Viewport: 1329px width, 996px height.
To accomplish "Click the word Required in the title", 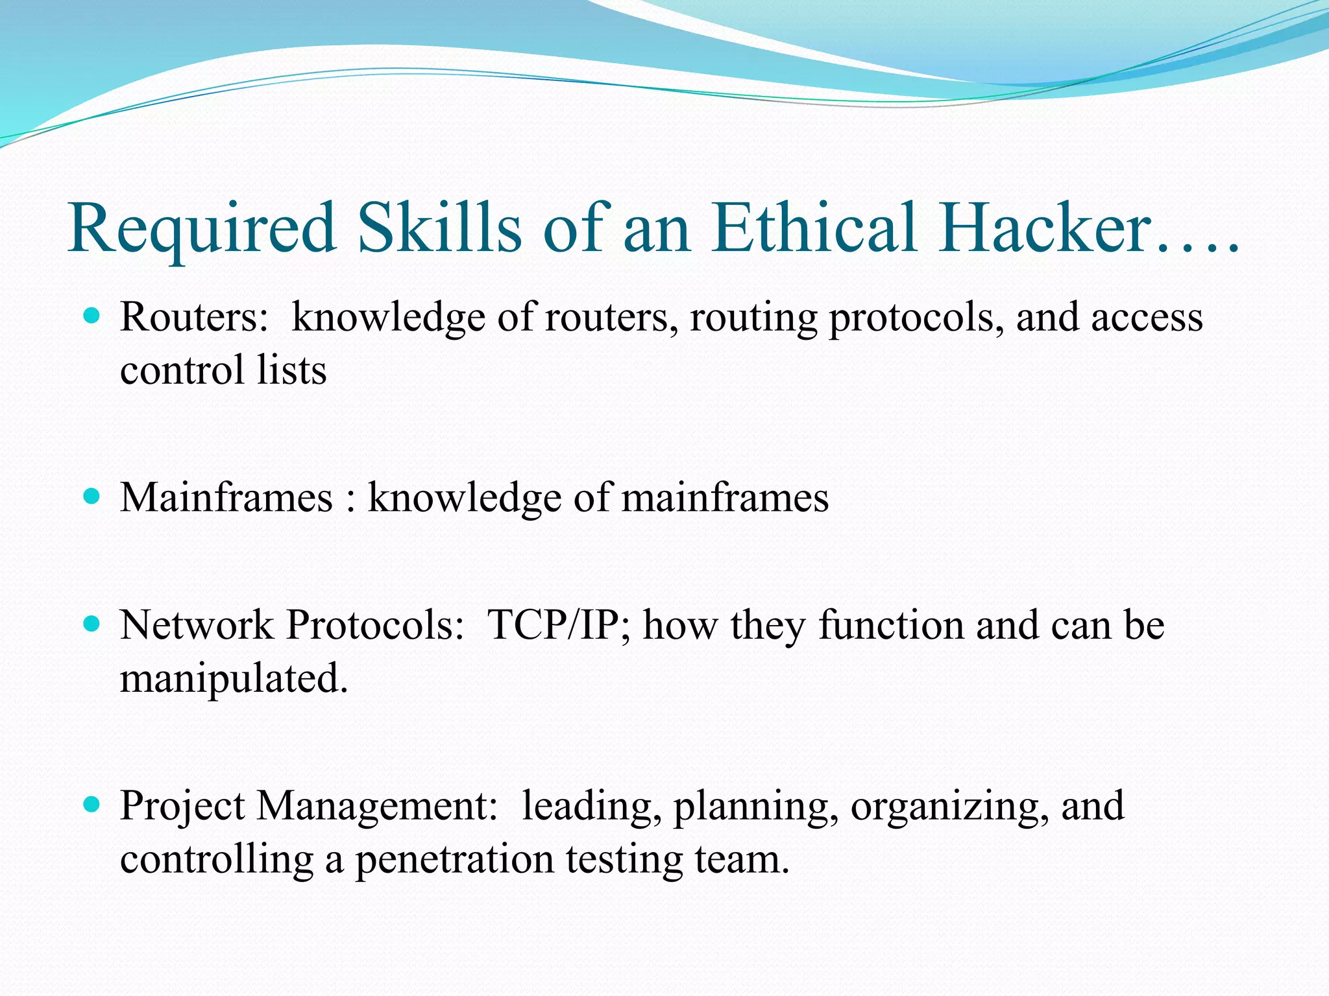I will pyautogui.click(x=202, y=228).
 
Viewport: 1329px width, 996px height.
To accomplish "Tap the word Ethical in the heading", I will pyautogui.click(x=815, y=228).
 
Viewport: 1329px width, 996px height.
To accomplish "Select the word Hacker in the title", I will pyautogui.click(x=1045, y=228).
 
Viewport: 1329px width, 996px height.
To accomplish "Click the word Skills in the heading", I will pyautogui.click(x=440, y=228).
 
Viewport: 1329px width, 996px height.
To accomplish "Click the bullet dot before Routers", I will pyautogui.click(x=92, y=316).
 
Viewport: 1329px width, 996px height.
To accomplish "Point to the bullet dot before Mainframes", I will pyautogui.click(x=92, y=497).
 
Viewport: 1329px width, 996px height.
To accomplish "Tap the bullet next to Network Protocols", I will pyautogui.click(x=92, y=624).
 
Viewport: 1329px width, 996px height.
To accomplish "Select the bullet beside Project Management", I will pyautogui.click(x=92, y=805).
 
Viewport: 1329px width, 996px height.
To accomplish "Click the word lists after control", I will pyautogui.click(x=291, y=370).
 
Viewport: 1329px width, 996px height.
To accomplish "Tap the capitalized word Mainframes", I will pyautogui.click(x=226, y=498).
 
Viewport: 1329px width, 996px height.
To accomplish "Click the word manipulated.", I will pyautogui.click(x=234, y=680).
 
